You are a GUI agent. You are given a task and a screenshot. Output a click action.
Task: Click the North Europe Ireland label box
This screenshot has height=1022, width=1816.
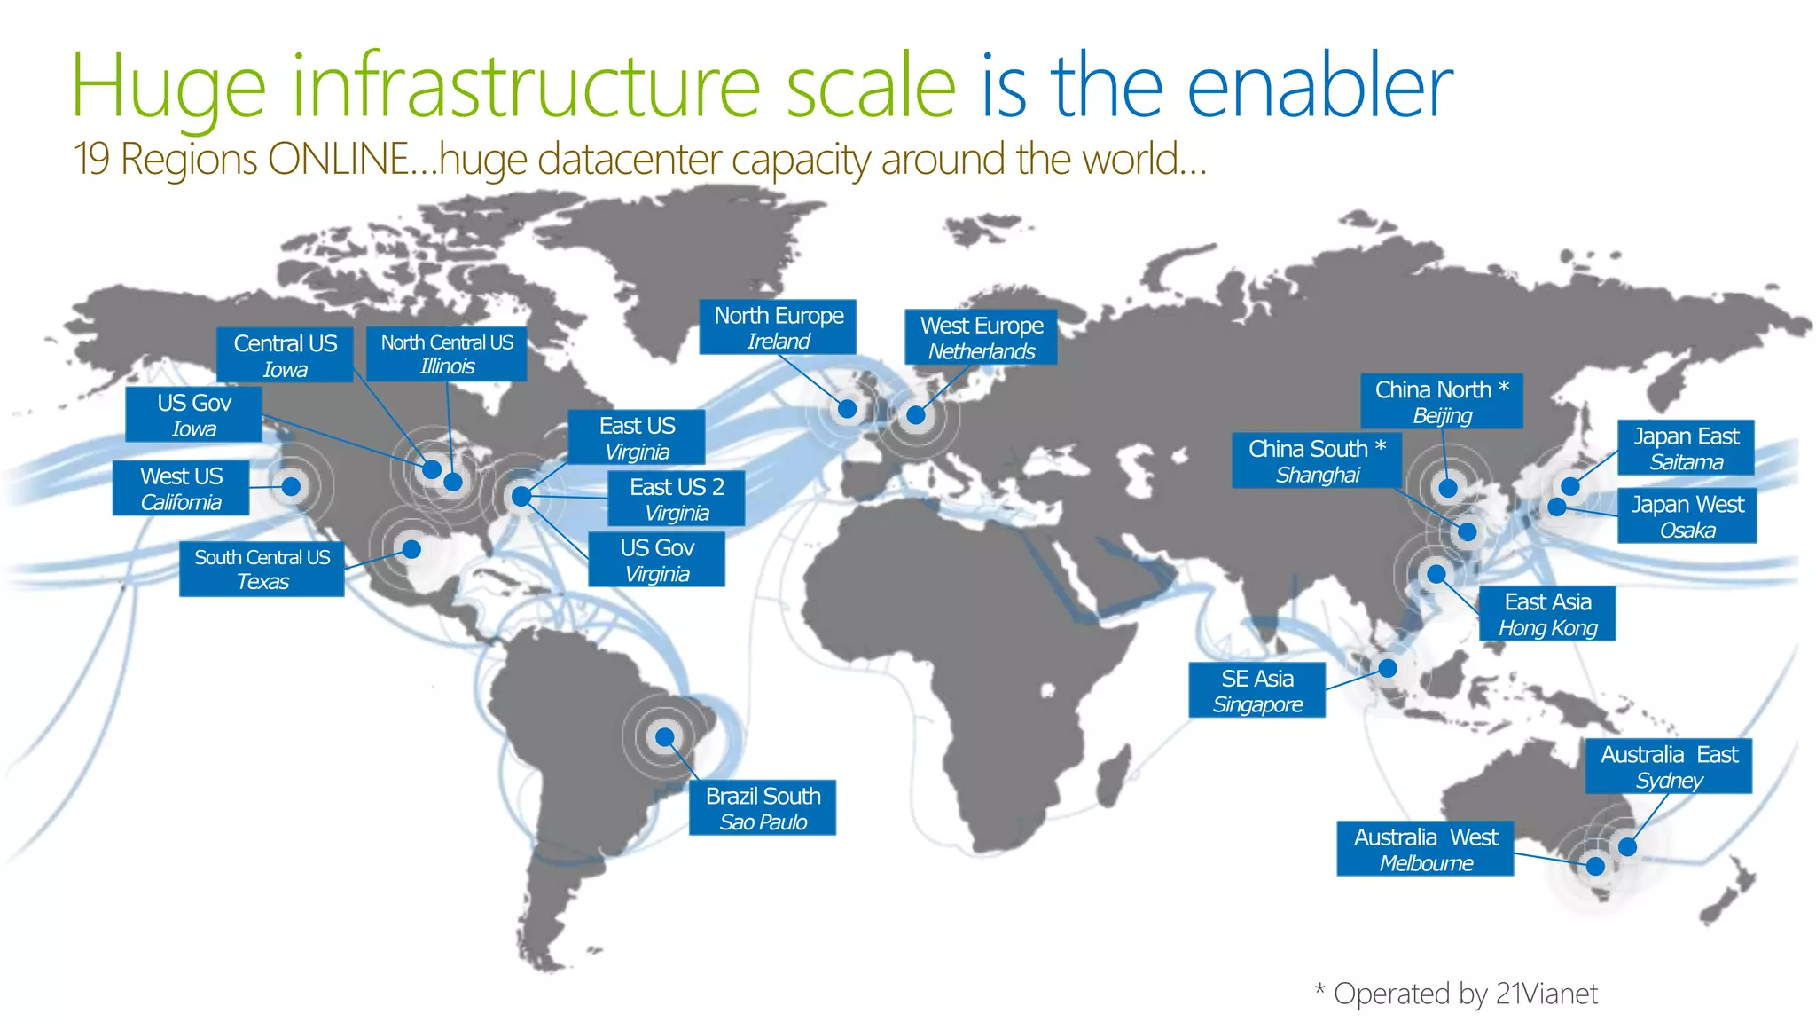778,327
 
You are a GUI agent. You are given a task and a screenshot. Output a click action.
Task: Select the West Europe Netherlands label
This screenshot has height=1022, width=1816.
981,337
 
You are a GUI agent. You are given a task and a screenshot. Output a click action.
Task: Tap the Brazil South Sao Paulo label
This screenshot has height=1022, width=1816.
763,807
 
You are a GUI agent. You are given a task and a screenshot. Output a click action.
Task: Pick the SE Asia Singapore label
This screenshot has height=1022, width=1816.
1256,690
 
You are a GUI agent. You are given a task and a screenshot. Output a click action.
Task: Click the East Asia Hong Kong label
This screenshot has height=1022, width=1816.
1547,614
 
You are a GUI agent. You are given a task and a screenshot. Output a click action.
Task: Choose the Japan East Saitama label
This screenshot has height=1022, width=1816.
1686,448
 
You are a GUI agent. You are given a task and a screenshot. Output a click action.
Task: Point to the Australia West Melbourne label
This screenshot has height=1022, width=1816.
1425,849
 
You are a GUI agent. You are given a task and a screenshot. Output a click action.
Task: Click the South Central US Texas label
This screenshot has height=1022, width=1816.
262,569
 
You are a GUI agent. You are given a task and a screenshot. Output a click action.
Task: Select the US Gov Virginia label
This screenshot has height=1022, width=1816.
656,560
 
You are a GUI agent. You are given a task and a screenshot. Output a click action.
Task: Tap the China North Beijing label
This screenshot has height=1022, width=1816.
1442,401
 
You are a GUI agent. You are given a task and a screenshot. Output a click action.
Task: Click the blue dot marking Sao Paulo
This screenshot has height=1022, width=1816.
665,736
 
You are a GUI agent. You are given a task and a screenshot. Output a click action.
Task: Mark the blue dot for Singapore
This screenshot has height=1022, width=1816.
1388,668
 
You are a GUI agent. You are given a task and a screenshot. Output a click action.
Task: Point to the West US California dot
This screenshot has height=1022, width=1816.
291,486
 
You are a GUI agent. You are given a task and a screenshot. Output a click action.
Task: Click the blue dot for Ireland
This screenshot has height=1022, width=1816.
847,409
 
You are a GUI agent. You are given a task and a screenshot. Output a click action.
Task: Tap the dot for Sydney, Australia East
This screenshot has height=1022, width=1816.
1627,846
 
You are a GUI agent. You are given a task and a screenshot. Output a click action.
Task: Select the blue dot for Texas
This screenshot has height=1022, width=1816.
411,549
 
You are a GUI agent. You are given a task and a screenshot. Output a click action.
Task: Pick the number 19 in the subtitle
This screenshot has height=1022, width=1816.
91,160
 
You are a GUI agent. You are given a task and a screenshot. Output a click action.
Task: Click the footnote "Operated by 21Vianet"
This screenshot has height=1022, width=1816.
1465,994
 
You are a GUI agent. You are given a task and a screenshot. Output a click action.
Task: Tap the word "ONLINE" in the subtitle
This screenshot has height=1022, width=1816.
338,160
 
